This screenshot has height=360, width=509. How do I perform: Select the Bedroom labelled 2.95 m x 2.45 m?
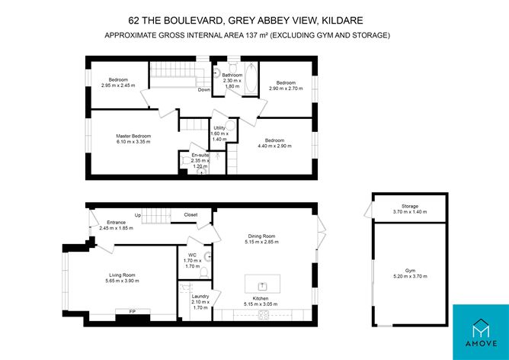tap(117, 82)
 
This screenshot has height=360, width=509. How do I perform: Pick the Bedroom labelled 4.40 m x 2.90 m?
tap(274, 143)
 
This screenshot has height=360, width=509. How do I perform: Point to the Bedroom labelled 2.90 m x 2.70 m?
tap(286, 85)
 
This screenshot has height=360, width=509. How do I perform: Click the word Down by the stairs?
tap(203, 90)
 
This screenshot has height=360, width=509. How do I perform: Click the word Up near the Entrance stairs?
tap(138, 215)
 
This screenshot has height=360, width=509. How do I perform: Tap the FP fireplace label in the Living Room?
tap(132, 311)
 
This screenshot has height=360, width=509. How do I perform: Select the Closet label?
tap(190, 215)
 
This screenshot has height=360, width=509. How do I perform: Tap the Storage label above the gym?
tap(410, 207)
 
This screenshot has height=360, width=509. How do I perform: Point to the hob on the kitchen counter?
tap(264, 313)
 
